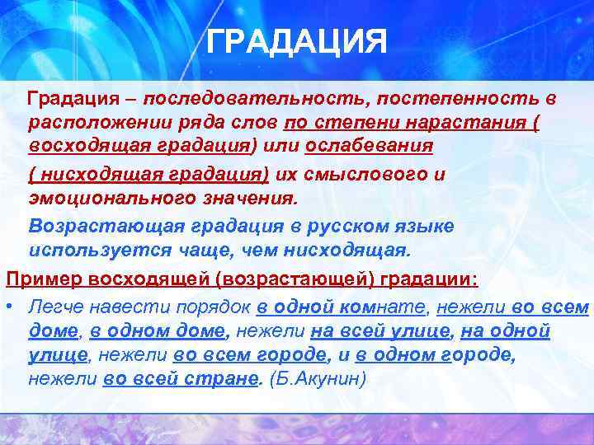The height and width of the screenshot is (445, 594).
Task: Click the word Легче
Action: [54, 307]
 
